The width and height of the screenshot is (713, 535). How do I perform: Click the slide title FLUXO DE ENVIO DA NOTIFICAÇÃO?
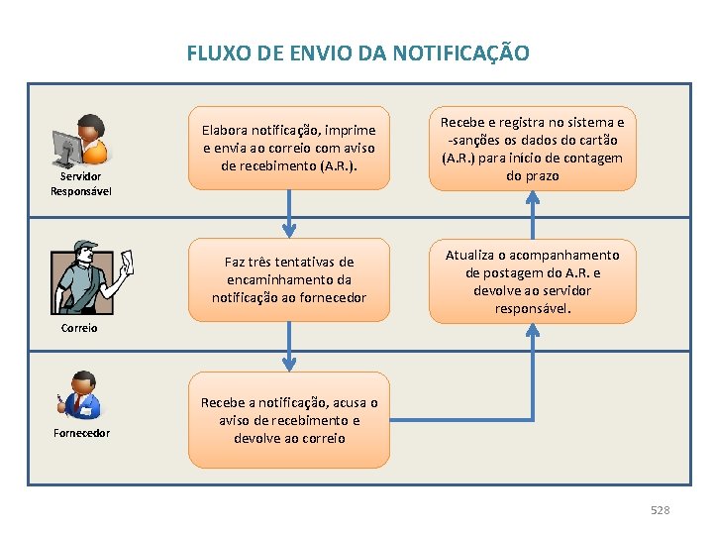click(x=357, y=53)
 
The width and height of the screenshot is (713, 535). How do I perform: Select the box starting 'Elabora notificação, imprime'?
click(x=289, y=148)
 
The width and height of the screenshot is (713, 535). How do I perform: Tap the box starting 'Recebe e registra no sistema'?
click(x=532, y=149)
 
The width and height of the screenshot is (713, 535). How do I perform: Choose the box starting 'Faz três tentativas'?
click(x=289, y=280)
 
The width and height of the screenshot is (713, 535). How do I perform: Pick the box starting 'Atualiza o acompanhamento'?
click(x=532, y=281)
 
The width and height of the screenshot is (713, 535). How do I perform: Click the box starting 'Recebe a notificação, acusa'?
click(x=289, y=420)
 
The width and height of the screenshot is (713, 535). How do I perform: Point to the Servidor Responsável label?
click(x=81, y=185)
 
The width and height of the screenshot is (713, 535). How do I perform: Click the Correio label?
click(x=79, y=327)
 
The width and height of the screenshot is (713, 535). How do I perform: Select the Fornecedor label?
click(x=81, y=433)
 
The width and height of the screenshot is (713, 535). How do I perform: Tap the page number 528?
click(x=660, y=509)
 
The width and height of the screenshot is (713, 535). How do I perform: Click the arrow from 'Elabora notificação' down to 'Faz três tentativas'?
click(x=289, y=213)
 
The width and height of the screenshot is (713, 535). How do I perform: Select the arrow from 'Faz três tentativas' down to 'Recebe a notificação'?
click(x=289, y=347)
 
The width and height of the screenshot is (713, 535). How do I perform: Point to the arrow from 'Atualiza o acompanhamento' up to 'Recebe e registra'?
click(x=532, y=214)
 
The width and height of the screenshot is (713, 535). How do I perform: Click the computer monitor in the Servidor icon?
click(x=67, y=147)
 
